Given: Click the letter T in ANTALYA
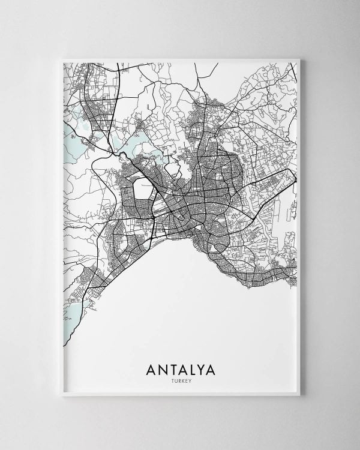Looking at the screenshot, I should (170, 368).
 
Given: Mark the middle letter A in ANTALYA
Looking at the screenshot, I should (180, 368).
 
